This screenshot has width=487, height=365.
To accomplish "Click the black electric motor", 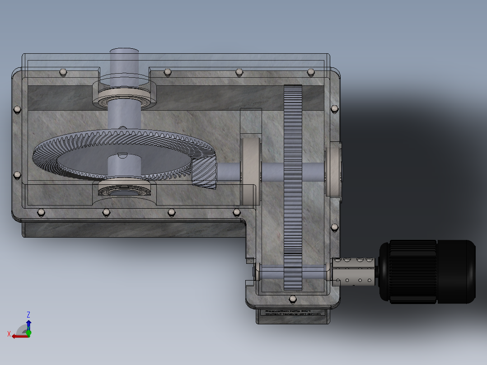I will click(427, 271).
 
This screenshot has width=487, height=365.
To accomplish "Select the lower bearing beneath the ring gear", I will click(124, 190).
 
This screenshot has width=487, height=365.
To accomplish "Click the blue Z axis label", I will click(28, 314).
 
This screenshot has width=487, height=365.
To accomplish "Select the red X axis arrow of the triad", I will click(18, 336).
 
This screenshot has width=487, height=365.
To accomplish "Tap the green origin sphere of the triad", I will click(28, 333).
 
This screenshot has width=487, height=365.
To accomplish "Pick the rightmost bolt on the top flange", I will click(310, 71).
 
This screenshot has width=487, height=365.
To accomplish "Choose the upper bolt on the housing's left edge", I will click(17, 109).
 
